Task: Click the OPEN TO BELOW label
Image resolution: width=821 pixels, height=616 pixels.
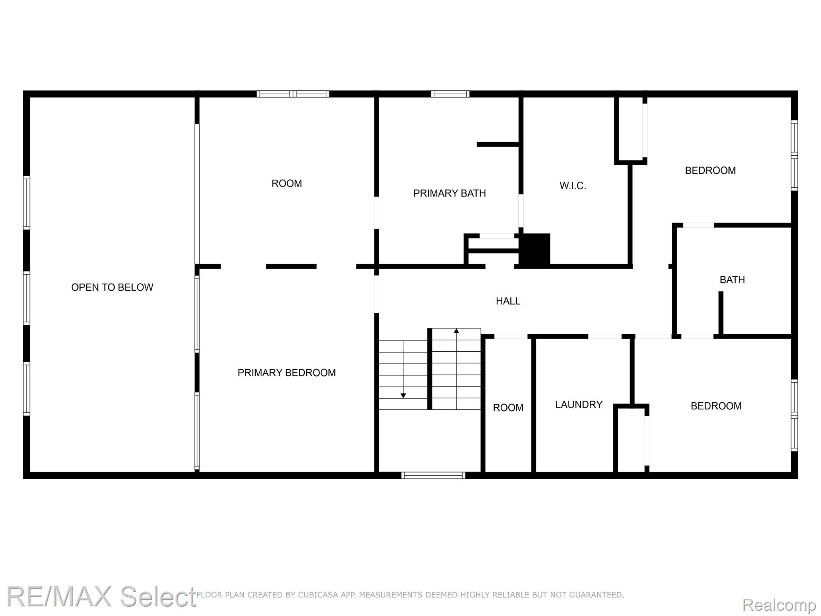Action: pos(112,287)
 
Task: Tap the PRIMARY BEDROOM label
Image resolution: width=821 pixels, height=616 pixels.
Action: pos(287,373)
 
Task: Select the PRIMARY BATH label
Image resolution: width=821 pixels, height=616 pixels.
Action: pos(449,193)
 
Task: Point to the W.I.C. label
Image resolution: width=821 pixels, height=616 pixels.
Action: pos(573,186)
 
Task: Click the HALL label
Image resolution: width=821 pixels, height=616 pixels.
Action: pos(508,301)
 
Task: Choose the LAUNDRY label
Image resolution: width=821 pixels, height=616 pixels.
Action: pos(579,404)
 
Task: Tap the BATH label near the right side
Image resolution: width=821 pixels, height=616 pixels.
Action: pos(732,280)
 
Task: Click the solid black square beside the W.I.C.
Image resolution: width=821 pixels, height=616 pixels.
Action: pos(535,249)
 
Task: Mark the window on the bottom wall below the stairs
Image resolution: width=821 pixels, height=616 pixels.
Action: pos(433,475)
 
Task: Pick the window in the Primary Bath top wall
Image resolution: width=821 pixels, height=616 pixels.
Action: pos(450,94)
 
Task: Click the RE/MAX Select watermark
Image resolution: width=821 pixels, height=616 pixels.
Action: pos(101,596)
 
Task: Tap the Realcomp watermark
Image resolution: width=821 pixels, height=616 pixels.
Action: pos(779,605)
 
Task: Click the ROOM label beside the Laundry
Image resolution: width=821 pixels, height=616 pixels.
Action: pos(508,407)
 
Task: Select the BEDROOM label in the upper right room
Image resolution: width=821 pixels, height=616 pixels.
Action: pos(710,170)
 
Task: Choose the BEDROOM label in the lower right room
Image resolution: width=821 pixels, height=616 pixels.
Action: pos(716,406)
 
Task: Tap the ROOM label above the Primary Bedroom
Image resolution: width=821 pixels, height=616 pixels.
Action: pos(287,183)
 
